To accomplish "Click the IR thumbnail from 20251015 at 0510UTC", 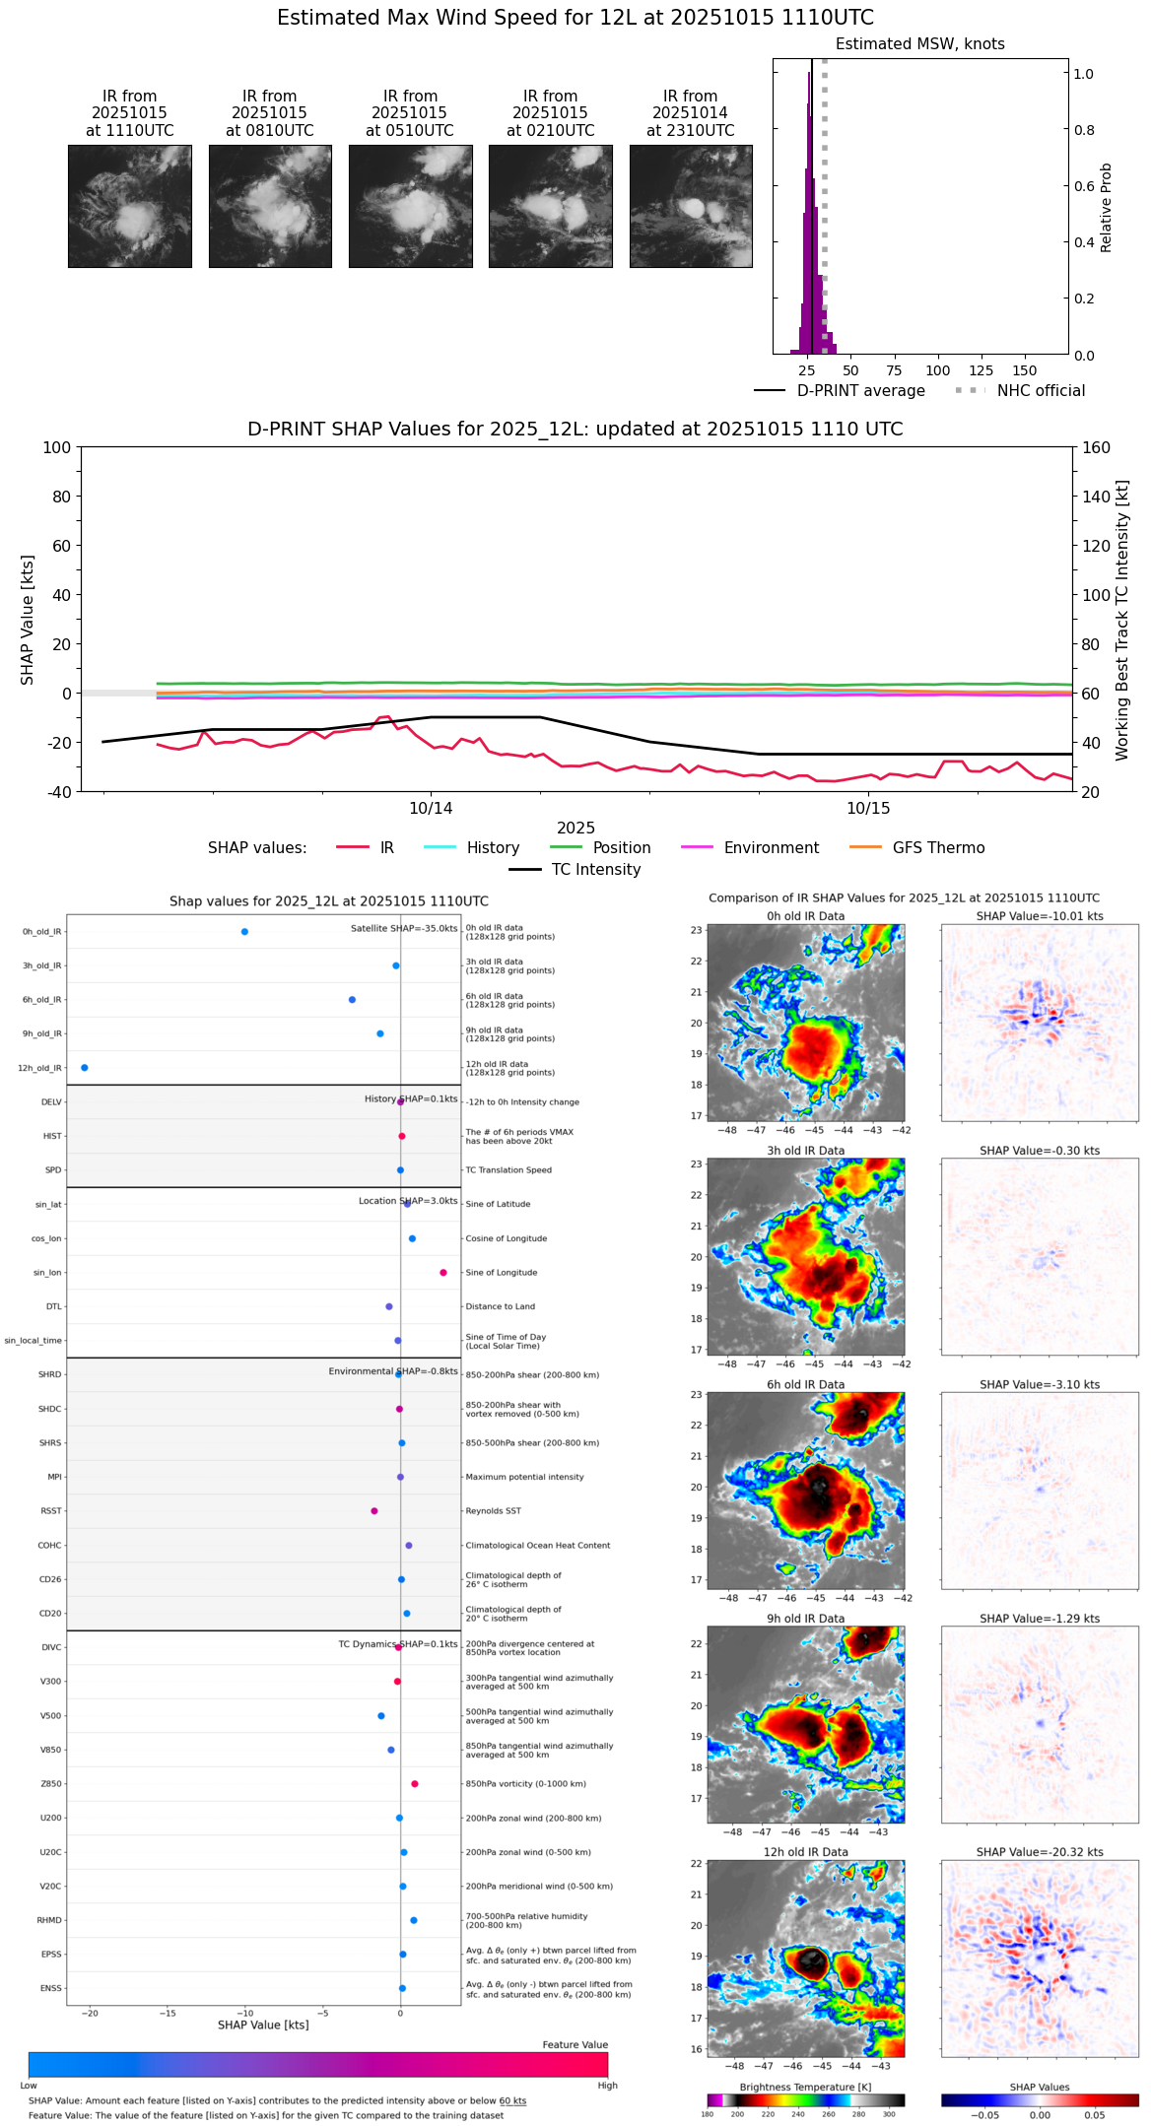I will pyautogui.click(x=410, y=206).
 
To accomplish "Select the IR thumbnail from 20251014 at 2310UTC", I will pyautogui.click(x=691, y=206).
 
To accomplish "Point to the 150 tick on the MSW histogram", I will pyautogui.click(x=1025, y=370).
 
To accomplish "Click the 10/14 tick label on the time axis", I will pyautogui.click(x=431, y=809).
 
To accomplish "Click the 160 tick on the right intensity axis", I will pyautogui.click(x=1096, y=447).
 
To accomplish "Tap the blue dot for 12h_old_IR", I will pyautogui.click(x=85, y=1068).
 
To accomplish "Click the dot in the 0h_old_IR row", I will pyautogui.click(x=244, y=932).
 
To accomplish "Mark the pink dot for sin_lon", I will pyautogui.click(x=443, y=1273).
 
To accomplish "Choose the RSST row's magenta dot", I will pyautogui.click(x=374, y=1511).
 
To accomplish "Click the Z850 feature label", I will pyautogui.click(x=51, y=1784).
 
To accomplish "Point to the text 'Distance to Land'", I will pyautogui.click(x=500, y=1307).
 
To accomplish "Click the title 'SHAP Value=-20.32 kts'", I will pyautogui.click(x=1040, y=1852).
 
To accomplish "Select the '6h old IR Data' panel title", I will pyautogui.click(x=805, y=1384).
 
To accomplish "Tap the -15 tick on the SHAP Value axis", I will pyautogui.click(x=169, y=2013).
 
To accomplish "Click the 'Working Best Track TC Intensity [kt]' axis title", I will pyautogui.click(x=1122, y=621).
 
